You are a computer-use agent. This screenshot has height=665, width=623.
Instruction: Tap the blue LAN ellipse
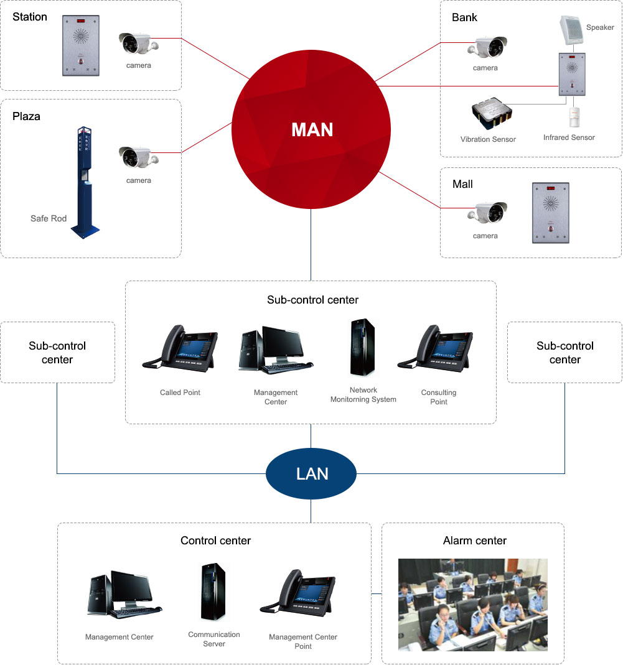pos(311,474)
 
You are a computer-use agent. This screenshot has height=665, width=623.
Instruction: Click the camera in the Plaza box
pos(138,158)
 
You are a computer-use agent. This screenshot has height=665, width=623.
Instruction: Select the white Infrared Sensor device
pos(574,118)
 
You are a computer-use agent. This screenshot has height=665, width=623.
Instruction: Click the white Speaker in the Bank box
pos(571,30)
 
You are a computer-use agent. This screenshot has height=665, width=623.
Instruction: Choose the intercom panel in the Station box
pos(81,45)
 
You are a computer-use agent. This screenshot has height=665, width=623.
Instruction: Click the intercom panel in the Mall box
pos(550,213)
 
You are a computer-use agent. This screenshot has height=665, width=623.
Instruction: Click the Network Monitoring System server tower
pos(363,348)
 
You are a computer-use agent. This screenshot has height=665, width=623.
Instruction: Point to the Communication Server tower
pos(213,592)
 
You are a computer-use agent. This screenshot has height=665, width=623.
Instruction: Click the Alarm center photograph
pos(473,604)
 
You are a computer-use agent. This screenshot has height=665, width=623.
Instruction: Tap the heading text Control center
pos(215,541)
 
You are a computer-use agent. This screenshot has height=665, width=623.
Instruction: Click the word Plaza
pos(26,116)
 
